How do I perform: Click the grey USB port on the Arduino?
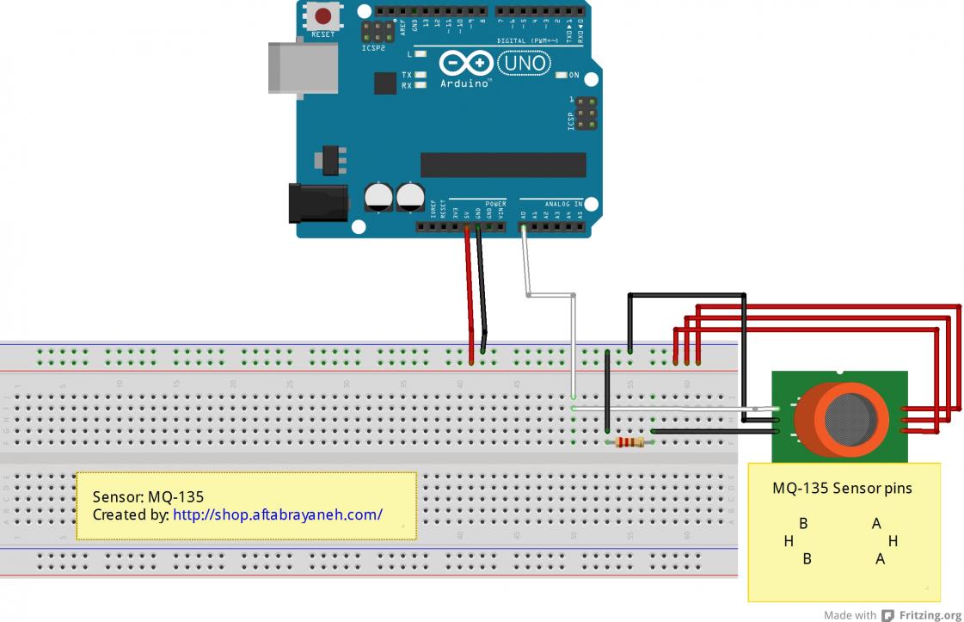click(302, 66)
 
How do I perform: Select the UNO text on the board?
click(525, 63)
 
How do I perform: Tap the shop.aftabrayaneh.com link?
click(277, 515)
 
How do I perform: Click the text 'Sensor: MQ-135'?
click(148, 496)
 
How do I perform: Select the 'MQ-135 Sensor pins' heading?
click(842, 488)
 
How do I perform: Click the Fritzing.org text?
click(930, 615)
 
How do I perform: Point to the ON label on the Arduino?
click(574, 76)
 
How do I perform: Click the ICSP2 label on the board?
click(373, 48)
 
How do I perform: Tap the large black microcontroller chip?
click(502, 164)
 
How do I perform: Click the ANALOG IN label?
click(563, 204)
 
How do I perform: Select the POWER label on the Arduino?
click(495, 204)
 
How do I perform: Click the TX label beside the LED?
click(407, 76)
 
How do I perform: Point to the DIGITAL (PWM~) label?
click(528, 40)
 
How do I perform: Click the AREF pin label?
click(402, 26)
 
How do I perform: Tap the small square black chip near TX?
click(385, 83)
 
